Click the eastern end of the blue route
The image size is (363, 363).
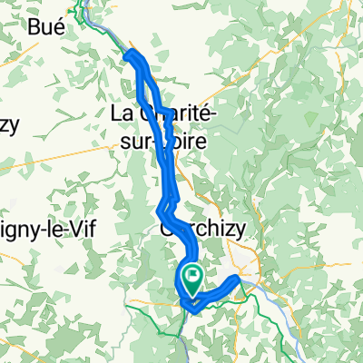[x=239, y=278]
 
